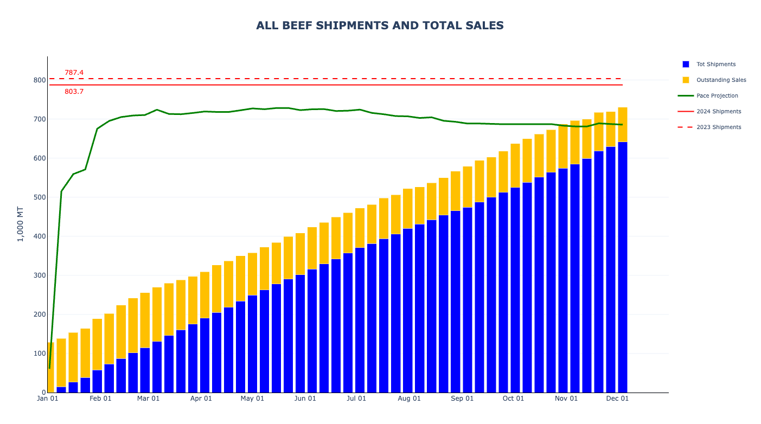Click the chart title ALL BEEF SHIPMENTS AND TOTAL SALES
pyautogui.click(x=380, y=25)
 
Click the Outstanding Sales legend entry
pyautogui.click(x=721, y=80)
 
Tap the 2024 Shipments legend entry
pyautogui.click(x=719, y=111)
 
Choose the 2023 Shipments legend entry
pyautogui.click(x=719, y=127)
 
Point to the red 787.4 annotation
pyautogui.click(x=74, y=73)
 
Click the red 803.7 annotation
pyautogui.click(x=74, y=92)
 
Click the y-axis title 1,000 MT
pyautogui.click(x=20, y=224)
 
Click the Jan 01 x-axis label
pyautogui.click(x=47, y=399)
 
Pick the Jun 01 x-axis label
pyautogui.click(x=305, y=399)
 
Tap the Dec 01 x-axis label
pyautogui.click(x=617, y=399)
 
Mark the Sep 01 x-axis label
pyautogui.click(x=462, y=399)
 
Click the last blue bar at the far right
pyautogui.click(x=623, y=266)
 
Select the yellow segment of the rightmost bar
pyautogui.click(x=623, y=124)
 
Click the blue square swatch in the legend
pyautogui.click(x=686, y=64)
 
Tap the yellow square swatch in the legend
pyautogui.click(x=686, y=80)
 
